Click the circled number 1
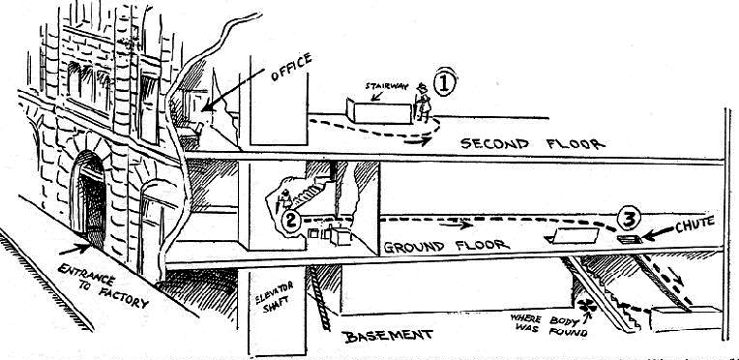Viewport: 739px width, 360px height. (x=444, y=83)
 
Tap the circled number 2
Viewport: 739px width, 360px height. (x=291, y=221)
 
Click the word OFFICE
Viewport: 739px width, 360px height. (x=291, y=67)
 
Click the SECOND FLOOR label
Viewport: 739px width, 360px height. (x=533, y=143)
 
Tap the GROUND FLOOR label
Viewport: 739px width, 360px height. (x=447, y=246)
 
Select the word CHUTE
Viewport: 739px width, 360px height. (x=695, y=224)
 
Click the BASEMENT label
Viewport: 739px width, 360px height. (x=389, y=337)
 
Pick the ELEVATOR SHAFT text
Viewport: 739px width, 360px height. (x=275, y=296)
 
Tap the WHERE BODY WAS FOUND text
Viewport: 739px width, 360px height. (x=549, y=326)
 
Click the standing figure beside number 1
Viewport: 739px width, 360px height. (x=423, y=102)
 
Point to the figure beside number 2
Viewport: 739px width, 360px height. (x=285, y=199)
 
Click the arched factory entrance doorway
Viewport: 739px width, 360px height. (x=90, y=197)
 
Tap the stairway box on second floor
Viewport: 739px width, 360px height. (x=379, y=112)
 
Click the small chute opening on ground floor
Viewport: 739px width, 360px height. (x=630, y=240)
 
